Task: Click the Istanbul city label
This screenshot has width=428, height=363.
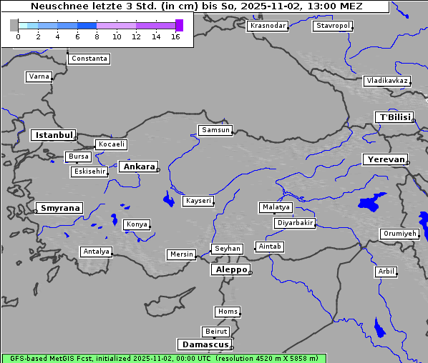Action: [53, 134]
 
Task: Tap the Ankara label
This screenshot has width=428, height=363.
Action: [138, 166]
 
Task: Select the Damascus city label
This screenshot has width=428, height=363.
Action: [204, 344]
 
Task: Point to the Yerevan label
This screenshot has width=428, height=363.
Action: [385, 159]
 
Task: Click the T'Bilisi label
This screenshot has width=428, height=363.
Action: [394, 117]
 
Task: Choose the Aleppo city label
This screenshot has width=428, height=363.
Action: [230, 269]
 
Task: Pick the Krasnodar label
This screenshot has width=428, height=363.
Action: [268, 26]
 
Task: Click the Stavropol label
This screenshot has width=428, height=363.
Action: [333, 26]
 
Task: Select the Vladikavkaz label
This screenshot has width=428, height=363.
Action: [387, 81]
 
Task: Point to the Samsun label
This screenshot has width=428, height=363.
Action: [215, 130]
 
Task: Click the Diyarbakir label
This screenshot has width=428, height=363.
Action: [294, 223]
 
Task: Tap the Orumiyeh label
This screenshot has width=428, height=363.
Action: [399, 234]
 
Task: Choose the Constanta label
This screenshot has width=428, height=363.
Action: [89, 59]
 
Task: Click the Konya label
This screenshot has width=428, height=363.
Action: [137, 224]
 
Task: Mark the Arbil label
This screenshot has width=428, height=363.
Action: [386, 272]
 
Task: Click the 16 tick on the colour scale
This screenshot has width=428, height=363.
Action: [176, 36]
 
